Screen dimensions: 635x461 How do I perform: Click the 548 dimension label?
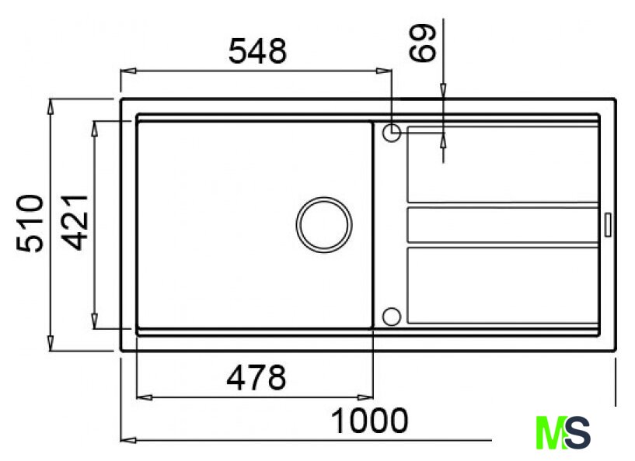point(257,51)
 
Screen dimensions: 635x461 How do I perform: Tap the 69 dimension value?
point(422,43)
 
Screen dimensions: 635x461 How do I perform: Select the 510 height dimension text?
point(30,224)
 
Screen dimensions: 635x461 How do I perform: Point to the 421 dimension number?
point(75,222)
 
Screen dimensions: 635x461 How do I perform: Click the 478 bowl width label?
point(256,378)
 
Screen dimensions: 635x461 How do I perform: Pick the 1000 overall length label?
point(369,421)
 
